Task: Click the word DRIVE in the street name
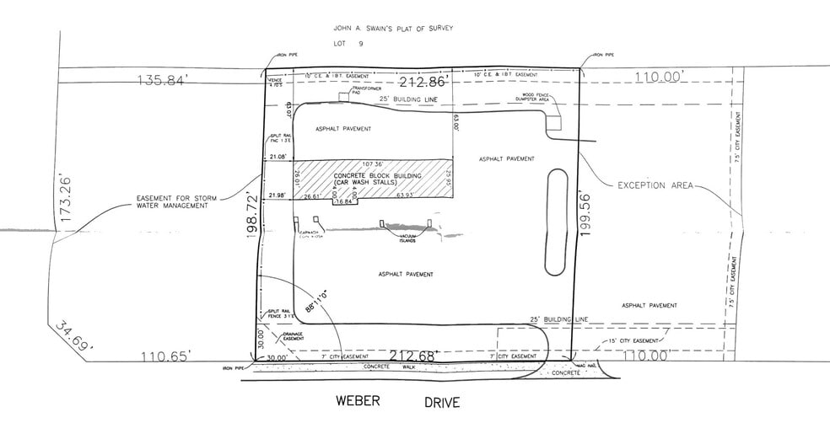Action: coord(442,403)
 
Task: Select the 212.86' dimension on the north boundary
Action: coord(422,83)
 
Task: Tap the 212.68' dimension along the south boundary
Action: coord(412,356)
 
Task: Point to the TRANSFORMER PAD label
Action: coord(366,90)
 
